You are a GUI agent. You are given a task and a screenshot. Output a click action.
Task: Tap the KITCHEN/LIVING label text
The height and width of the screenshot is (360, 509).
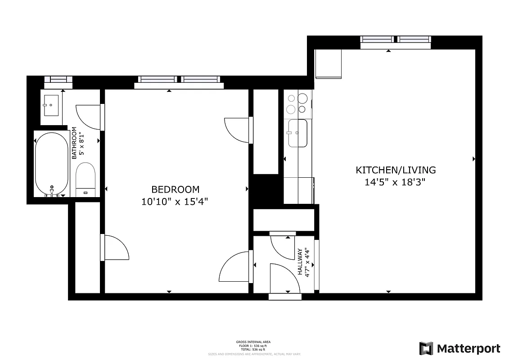pos(396,170)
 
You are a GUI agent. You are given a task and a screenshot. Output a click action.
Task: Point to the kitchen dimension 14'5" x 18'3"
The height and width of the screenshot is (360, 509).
pos(396,182)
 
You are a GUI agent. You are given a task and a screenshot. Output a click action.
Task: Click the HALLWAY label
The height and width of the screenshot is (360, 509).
pos(300,263)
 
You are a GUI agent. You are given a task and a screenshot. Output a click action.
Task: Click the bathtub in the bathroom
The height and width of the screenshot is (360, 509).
pos(51,164)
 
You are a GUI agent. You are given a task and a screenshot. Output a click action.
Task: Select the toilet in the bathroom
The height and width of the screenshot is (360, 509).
pos(86,180)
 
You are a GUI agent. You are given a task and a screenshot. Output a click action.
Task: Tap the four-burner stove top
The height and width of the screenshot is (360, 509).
pos(297,103)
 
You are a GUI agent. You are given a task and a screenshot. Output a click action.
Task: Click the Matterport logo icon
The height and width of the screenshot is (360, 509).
pos(426,348)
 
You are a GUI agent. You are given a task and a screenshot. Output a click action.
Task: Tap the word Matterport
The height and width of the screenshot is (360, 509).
pos(468,349)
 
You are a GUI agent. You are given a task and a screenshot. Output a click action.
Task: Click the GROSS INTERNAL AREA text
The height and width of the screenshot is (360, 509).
pos(253,342)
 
